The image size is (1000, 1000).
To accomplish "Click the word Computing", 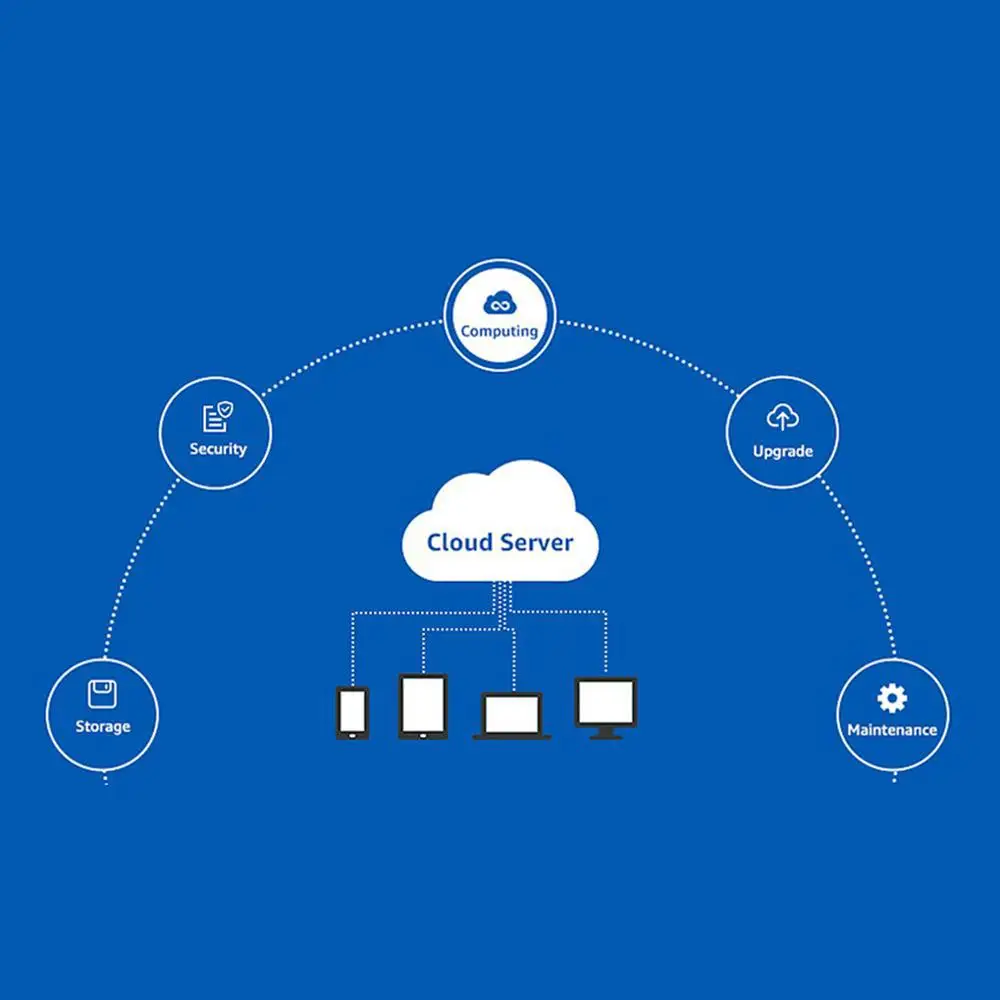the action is pos(499,332).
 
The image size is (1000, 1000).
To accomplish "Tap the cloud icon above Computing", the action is pos(500,303).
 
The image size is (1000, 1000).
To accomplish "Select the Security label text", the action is pos(218,449).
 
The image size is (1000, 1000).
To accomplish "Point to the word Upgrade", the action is pos(783,452).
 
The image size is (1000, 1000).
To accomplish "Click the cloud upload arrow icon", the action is pos(783,417).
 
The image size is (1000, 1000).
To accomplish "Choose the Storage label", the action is pos(103,726).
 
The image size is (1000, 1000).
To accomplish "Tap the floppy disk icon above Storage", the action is pos(102,694).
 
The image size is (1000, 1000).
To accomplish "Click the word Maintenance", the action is pos(892,730).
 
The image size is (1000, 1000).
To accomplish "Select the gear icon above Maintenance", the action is pos(892,698).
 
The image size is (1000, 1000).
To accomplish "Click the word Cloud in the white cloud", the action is pos(460,542).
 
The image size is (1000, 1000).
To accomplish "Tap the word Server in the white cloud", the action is pos(536,543).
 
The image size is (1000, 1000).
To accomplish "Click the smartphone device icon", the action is pos(353,713).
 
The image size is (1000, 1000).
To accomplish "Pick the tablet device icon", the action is pos(423,707).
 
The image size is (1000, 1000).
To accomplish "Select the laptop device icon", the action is pos(512,716).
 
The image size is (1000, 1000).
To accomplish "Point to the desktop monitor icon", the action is pos(606,708).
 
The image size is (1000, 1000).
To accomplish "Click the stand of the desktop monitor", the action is pos(606,733).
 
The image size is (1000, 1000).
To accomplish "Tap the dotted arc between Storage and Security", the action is pos(135,563).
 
